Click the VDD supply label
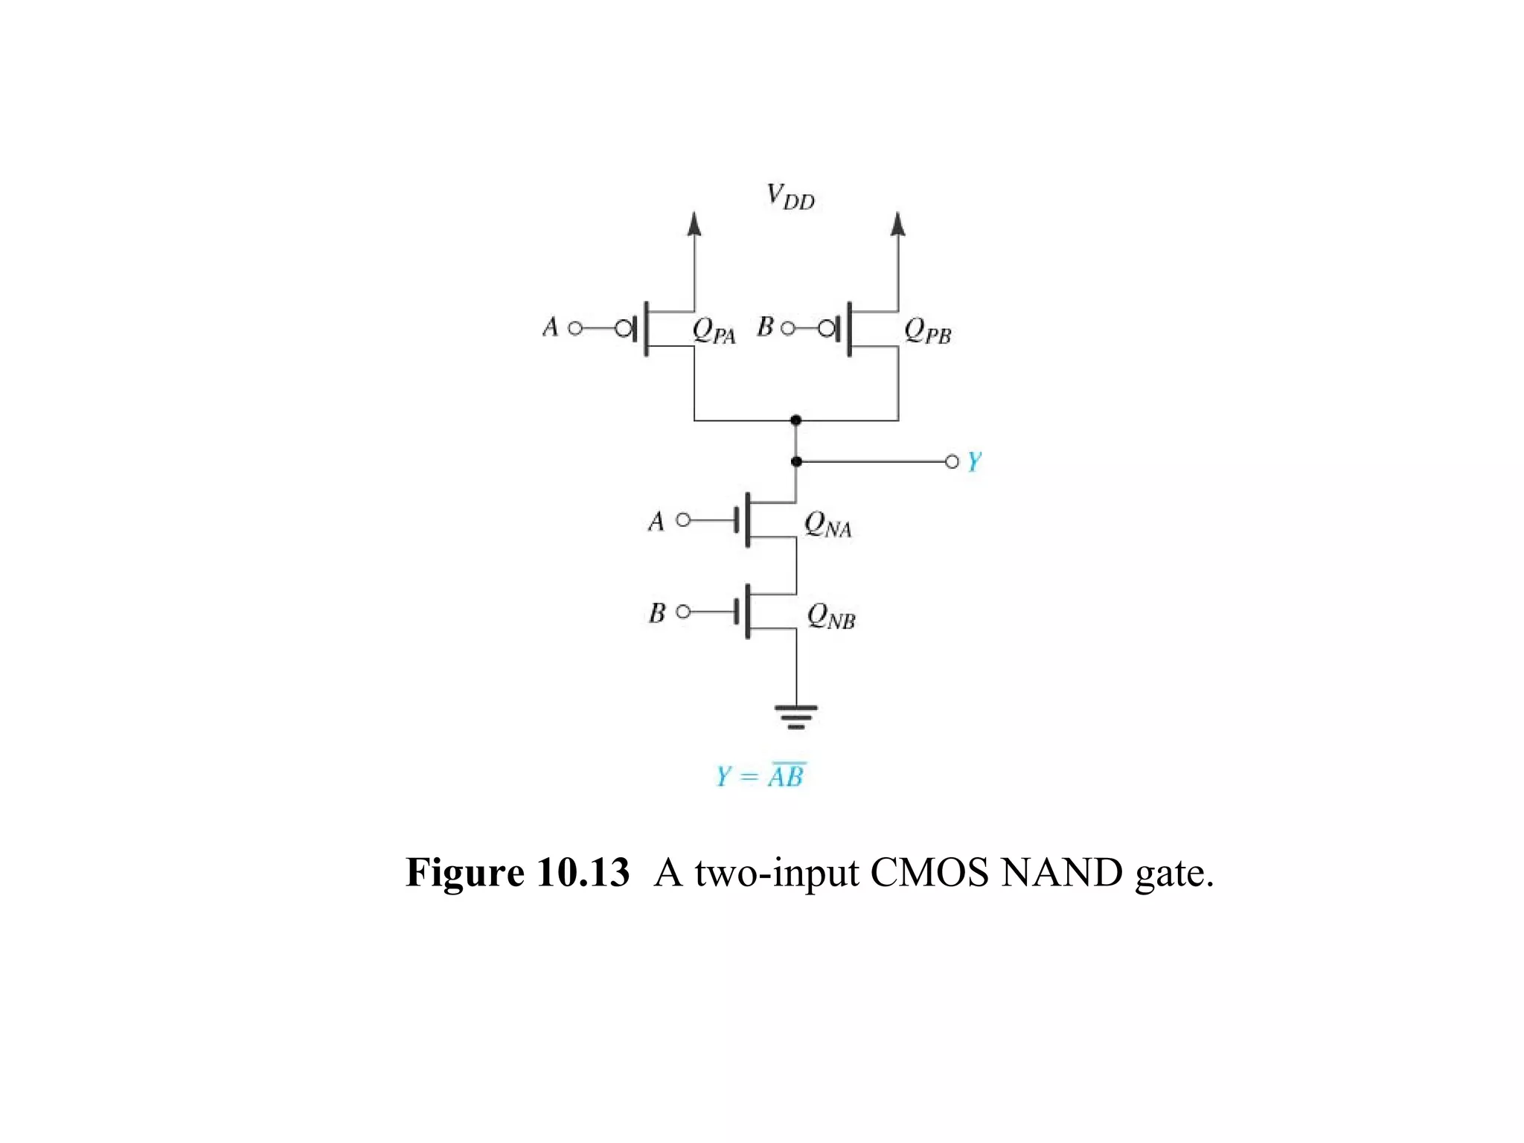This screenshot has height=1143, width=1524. tap(790, 197)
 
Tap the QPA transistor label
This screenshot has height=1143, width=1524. tap(714, 331)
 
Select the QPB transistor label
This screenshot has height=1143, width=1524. tap(927, 331)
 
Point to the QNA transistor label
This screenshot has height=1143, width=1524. tap(827, 525)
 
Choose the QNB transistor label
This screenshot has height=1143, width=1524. tap(831, 617)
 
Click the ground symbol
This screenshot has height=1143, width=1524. tap(796, 717)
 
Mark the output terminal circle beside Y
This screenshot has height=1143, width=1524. tap(952, 462)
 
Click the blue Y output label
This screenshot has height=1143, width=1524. tap(974, 462)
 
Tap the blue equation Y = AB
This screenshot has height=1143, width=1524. tap(761, 776)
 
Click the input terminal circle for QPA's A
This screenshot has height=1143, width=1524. tap(574, 328)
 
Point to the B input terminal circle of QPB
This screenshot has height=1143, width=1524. tap(787, 328)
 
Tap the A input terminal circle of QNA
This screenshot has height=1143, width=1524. tap(682, 519)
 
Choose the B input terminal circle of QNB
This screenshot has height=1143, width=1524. tap(682, 612)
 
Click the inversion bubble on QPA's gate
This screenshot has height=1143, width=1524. tap(624, 328)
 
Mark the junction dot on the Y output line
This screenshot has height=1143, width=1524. tap(796, 462)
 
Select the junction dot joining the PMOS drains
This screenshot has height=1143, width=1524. tap(796, 420)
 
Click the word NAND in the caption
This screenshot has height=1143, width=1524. tap(1061, 873)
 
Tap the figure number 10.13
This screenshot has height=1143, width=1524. tap(583, 873)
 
